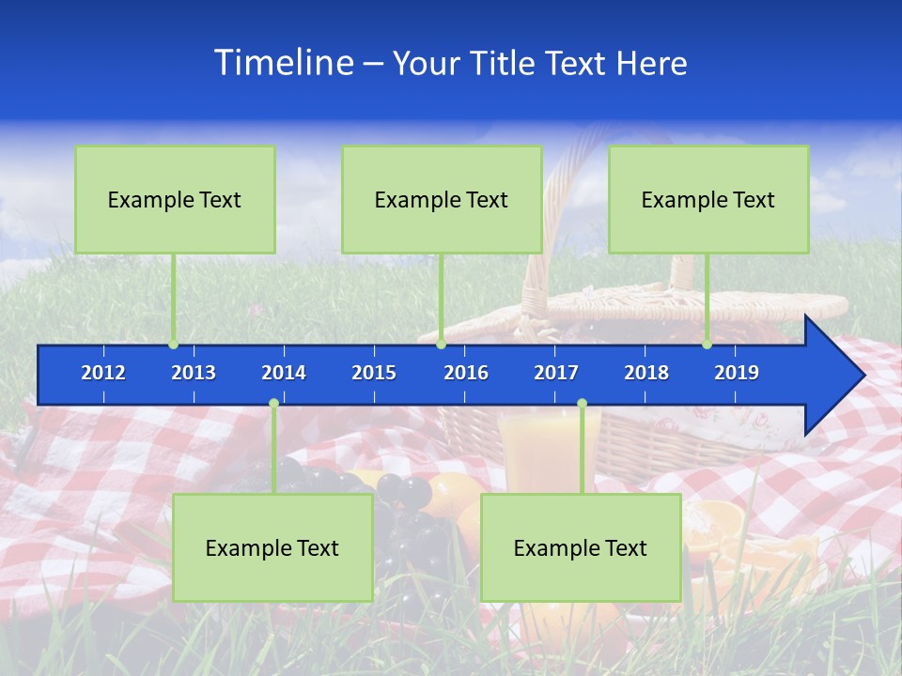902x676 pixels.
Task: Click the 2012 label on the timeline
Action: click(103, 373)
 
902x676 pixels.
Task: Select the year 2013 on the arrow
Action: click(194, 373)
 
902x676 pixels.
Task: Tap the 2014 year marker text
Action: click(284, 373)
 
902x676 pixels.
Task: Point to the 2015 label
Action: click(374, 373)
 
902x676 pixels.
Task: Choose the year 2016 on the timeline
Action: click(466, 373)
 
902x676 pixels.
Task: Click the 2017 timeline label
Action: click(556, 373)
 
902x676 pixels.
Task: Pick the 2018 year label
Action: click(646, 373)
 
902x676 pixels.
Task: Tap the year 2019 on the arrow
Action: click(737, 373)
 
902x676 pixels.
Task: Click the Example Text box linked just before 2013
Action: click(175, 199)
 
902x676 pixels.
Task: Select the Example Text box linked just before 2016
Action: click(442, 199)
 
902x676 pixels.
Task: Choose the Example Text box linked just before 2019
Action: click(708, 199)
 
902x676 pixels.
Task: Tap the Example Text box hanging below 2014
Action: click(272, 547)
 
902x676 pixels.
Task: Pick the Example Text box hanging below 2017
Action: click(581, 547)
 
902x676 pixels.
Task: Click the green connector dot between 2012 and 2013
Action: click(174, 345)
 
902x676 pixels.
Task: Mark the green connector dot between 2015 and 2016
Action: click(442, 345)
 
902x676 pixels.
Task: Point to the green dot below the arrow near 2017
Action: click(582, 404)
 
